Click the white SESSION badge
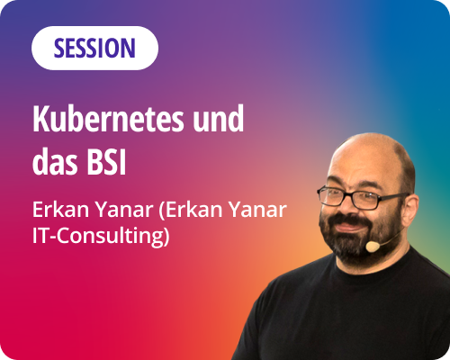coord(94,48)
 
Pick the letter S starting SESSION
coord(58,48)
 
